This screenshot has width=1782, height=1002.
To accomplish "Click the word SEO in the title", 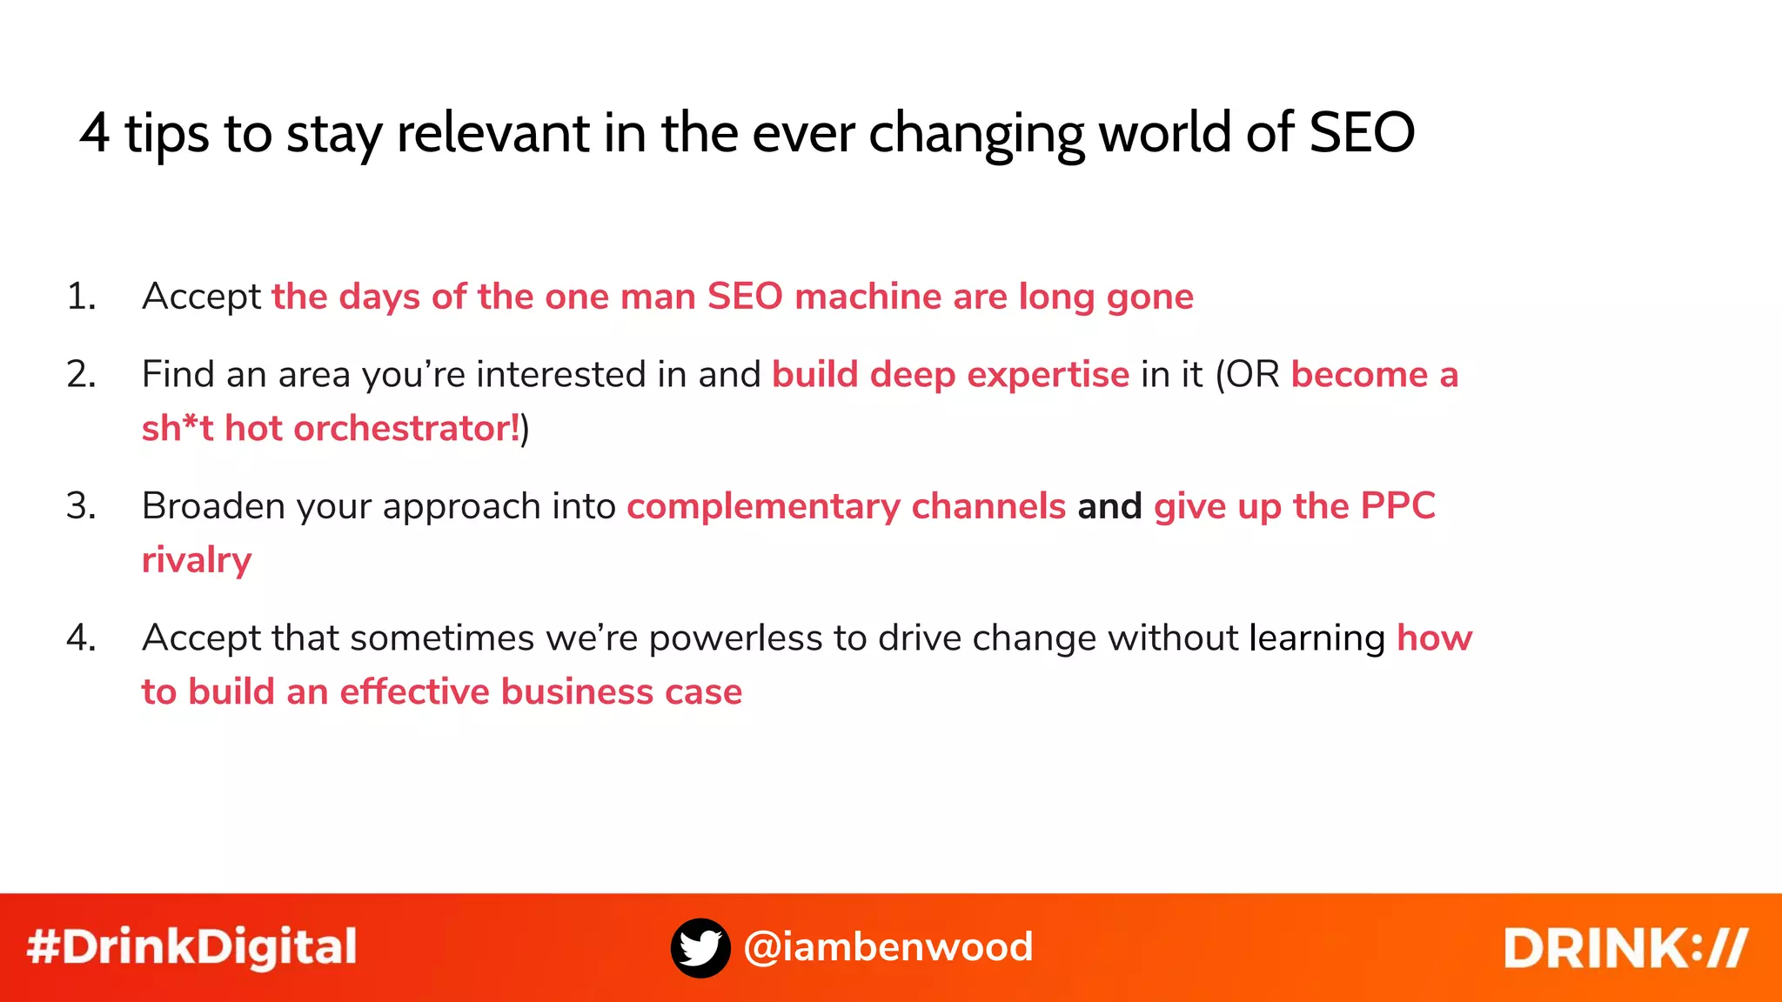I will [x=1362, y=133].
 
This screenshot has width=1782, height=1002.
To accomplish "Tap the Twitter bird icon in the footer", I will [x=700, y=947].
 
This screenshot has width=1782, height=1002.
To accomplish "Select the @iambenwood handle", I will [x=888, y=947].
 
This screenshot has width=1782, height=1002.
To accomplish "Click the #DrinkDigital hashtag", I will [x=192, y=947].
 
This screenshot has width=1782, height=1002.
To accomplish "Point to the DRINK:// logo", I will [x=1625, y=947].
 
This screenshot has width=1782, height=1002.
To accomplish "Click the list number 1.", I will [x=81, y=297].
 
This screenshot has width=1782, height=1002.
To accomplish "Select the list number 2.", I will [x=81, y=375].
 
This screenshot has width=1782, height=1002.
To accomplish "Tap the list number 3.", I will [x=81, y=506].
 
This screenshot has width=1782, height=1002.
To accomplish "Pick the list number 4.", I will [x=81, y=638].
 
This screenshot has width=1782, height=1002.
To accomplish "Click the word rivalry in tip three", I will [x=197, y=560].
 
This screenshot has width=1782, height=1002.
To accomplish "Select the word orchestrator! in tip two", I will [x=406, y=428].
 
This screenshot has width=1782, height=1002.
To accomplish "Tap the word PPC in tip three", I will [x=1397, y=506].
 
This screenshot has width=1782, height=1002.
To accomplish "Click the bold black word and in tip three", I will [x=1109, y=506].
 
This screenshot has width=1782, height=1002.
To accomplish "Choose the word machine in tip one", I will [x=868, y=297].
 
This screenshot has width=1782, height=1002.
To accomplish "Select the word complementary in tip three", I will [x=763, y=506].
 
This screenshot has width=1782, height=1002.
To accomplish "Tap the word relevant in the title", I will [x=493, y=133].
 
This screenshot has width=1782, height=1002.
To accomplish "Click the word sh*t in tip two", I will [x=178, y=428].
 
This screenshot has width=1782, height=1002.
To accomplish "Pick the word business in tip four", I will [x=577, y=692].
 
